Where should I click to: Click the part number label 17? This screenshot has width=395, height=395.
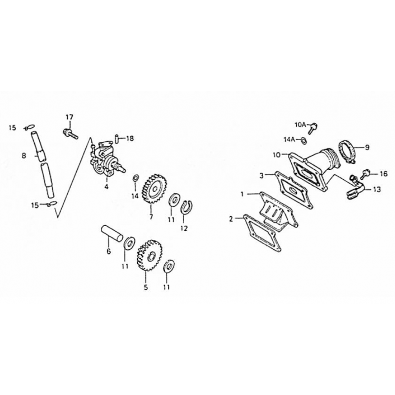tap(69, 117)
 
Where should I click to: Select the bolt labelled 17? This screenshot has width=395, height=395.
tap(70, 134)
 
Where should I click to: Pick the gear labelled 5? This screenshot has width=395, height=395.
tap(150, 256)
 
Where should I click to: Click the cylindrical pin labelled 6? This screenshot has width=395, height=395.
tap(112, 233)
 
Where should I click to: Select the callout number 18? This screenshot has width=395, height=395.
tap(130, 138)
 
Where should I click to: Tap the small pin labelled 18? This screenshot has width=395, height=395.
tap(117, 139)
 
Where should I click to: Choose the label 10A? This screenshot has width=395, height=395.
tap(300, 124)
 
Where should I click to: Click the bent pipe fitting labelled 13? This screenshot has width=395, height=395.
tap(354, 188)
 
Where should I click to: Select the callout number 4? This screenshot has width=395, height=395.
tap(106, 187)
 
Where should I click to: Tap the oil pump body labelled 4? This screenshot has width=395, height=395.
tap(107, 158)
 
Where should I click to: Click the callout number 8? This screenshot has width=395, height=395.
tap(24, 156)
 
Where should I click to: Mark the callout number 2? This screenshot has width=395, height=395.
tap(231, 219)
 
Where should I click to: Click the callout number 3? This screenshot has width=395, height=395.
tap(262, 175)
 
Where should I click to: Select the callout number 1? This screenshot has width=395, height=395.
tap(242, 194)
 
